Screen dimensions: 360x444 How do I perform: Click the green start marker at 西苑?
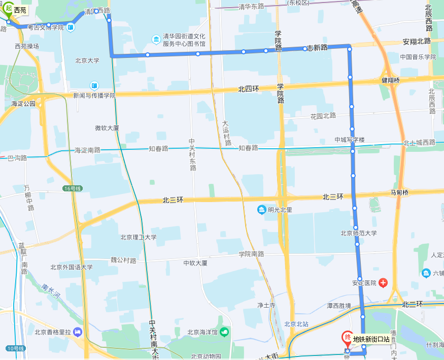[9, 9]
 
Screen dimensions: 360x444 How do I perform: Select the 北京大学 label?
[87, 60]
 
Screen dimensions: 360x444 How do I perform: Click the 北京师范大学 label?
[359, 234]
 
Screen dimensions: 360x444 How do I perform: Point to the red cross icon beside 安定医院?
[383, 283]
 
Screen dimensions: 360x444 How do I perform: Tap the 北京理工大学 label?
[139, 237]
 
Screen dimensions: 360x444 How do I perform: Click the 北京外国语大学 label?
[72, 267]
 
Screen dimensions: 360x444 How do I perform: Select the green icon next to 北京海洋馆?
[224, 332]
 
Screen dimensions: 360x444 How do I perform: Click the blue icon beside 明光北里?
[261, 210]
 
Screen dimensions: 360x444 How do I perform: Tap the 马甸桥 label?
[399, 192]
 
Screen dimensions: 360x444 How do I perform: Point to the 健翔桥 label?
[391, 80]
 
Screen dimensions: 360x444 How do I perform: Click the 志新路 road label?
[317, 47]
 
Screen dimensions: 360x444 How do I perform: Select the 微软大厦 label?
[107, 128]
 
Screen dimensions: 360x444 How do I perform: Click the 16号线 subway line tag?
[73, 188]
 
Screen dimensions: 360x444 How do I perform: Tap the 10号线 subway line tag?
[16, 348]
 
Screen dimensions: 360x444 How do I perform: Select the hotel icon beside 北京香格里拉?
[78, 332]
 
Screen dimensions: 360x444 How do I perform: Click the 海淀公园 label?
[23, 104]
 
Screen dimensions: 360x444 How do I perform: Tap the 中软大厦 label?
[195, 263]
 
